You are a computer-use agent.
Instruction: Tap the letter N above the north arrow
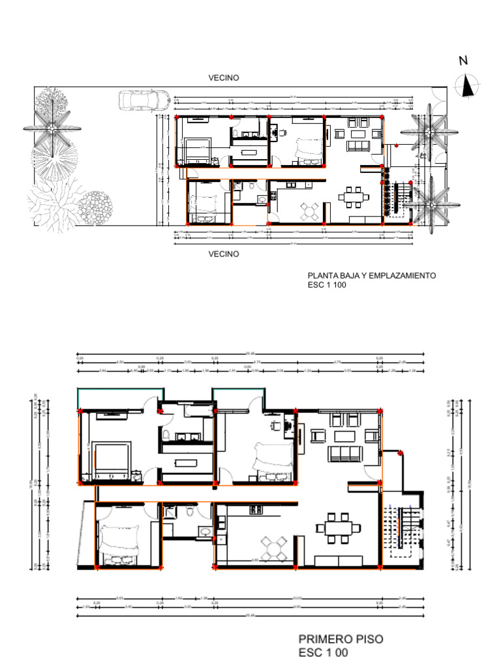click(x=463, y=61)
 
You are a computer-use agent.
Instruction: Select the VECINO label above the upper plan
click(x=224, y=78)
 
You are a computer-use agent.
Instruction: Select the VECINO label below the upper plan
click(x=224, y=254)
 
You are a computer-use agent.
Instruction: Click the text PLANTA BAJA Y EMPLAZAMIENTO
click(x=371, y=276)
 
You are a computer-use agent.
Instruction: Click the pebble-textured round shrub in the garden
click(x=95, y=206)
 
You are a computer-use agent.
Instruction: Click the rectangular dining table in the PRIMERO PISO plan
click(x=338, y=527)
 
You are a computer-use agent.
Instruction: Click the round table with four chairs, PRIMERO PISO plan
click(x=275, y=547)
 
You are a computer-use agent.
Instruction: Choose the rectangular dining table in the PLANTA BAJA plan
click(x=353, y=196)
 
